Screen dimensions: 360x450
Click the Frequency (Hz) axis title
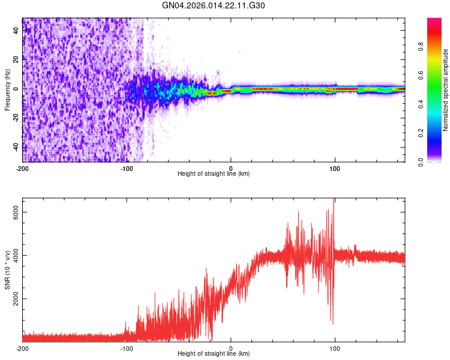point(7,90)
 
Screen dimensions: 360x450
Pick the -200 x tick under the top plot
point(22,167)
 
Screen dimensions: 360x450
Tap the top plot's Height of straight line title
point(214,174)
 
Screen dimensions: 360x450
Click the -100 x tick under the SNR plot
point(127,347)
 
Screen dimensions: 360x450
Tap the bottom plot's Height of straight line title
point(214,354)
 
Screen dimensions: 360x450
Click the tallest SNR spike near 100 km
point(334,200)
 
